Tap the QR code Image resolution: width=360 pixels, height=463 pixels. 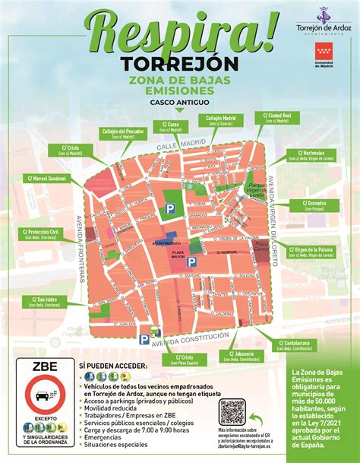(232, 414)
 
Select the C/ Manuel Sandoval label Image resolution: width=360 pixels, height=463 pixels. (46, 179)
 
